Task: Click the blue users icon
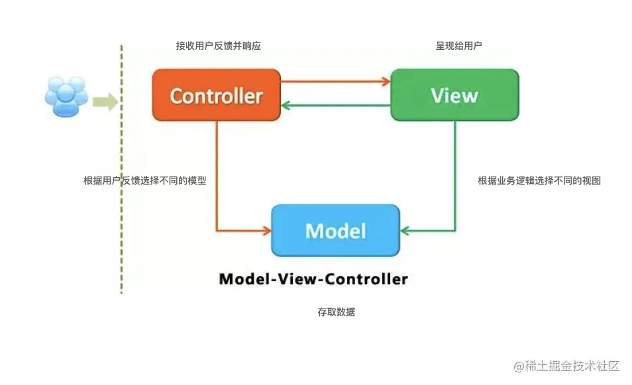[66, 97]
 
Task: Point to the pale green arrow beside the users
[105, 102]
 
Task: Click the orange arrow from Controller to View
[335, 82]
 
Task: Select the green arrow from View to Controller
[335, 105]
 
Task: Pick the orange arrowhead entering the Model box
[266, 230]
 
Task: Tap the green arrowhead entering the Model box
[405, 230]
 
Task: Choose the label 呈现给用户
[458, 46]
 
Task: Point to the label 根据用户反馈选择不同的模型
[144, 181]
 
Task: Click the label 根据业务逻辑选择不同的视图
[539, 181]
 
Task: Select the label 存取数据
[336, 312]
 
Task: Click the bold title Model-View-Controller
[313, 279]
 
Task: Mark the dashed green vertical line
[121, 199]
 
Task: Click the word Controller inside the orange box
[216, 96]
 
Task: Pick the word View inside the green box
[454, 96]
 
